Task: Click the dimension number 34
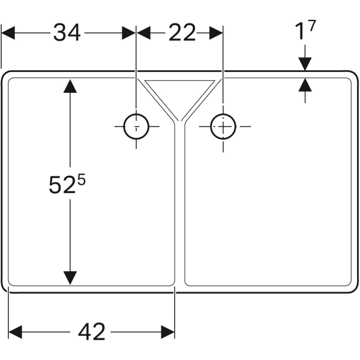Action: click(x=67, y=33)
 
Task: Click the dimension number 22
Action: click(x=182, y=33)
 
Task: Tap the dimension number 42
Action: click(x=92, y=332)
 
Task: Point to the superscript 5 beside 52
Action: click(x=82, y=179)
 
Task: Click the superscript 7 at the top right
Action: click(x=312, y=25)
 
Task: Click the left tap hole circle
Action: click(x=136, y=126)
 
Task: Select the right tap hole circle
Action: click(x=223, y=126)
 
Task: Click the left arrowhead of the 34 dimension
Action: click(x=8, y=33)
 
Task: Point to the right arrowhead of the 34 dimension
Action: click(x=129, y=33)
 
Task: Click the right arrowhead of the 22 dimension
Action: click(x=216, y=33)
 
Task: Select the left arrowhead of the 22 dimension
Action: click(x=144, y=33)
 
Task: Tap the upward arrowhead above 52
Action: click(x=70, y=86)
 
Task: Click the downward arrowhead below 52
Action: click(x=70, y=278)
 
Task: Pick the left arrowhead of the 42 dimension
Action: click(x=16, y=332)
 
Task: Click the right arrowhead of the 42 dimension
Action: click(x=168, y=332)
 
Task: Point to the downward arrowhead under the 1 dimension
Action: click(x=305, y=64)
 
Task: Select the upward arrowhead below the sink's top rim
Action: click(x=305, y=85)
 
